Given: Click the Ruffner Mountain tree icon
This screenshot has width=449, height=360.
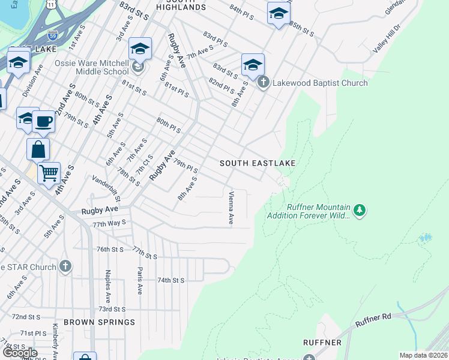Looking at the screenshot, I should (360, 210).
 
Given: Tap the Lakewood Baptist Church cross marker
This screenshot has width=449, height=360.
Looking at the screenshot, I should (263, 83).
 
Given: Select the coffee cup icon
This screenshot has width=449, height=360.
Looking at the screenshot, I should (44, 122).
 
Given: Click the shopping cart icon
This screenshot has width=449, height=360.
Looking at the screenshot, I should (49, 173).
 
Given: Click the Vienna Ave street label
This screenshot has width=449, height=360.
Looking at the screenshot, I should (231, 208).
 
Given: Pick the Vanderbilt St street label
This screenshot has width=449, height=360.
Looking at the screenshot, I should (106, 188).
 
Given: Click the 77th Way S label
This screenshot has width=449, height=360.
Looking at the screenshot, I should (109, 223).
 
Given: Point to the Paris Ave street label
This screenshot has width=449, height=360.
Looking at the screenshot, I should (139, 281).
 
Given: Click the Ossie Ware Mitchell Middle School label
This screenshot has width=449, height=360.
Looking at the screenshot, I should (92, 67).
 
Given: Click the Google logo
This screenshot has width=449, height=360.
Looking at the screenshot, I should (19, 353).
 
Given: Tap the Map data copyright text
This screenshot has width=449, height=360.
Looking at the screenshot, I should (423, 355).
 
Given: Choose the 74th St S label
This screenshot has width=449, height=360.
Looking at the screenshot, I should (170, 280).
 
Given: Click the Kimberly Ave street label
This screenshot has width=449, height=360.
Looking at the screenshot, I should (54, 340).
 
